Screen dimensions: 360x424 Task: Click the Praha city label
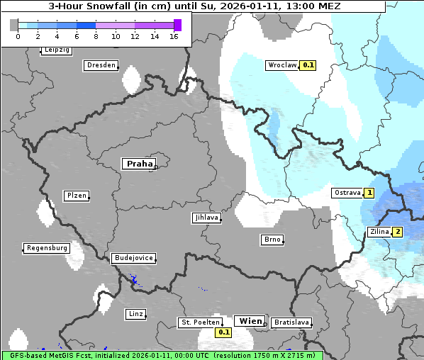139,164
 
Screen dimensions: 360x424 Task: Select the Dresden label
101,65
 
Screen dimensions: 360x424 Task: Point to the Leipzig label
56,50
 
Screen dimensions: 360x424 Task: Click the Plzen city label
76,196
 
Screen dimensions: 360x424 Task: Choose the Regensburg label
47,248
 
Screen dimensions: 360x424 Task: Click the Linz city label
135,313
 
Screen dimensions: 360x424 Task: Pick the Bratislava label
291,322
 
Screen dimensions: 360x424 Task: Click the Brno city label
272,240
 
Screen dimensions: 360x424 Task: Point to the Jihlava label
206,218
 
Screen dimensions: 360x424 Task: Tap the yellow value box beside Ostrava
369,193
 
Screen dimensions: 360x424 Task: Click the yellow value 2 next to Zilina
398,232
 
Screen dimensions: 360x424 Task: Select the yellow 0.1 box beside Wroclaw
308,65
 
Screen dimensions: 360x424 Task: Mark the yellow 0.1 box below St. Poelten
223,332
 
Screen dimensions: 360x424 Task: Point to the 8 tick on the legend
96,36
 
